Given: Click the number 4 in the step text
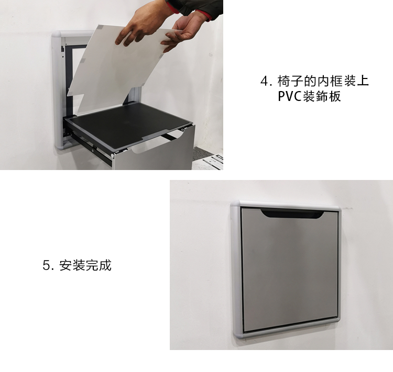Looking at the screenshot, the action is coord(264,81).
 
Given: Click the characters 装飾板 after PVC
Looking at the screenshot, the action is coord(322,96).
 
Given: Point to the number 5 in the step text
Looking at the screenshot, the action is coord(46,265).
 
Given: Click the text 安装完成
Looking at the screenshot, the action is coord(85,265).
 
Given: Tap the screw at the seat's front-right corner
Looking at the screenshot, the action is coord(183,129).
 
